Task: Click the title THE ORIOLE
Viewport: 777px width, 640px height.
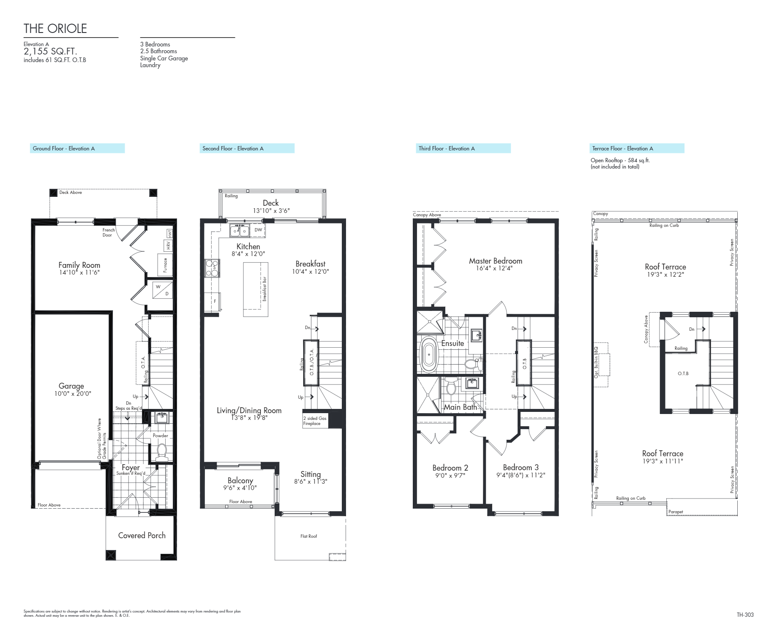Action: pyautogui.click(x=55, y=28)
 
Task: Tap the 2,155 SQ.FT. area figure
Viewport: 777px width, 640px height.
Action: pyautogui.click(x=50, y=52)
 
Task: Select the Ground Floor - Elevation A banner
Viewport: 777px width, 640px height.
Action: pyautogui.click(x=77, y=148)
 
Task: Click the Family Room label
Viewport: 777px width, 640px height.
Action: pyautogui.click(x=79, y=265)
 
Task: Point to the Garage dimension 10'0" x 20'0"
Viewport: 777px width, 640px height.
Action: pyautogui.click(x=73, y=393)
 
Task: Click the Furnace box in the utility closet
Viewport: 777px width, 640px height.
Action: pyautogui.click(x=165, y=265)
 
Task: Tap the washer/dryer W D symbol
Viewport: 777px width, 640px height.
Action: pyautogui.click(x=162, y=290)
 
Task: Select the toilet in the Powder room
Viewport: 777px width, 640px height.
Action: pyautogui.click(x=161, y=452)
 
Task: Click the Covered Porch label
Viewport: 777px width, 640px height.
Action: pyautogui.click(x=142, y=535)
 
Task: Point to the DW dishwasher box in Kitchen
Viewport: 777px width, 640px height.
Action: pyautogui.click(x=258, y=230)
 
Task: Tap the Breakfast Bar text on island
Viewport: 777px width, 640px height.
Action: pyautogui.click(x=264, y=289)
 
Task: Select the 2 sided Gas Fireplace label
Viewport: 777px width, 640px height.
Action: pyautogui.click(x=315, y=421)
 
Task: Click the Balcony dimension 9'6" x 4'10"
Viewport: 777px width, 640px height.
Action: pyautogui.click(x=240, y=488)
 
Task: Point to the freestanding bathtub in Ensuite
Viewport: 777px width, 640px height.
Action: pyautogui.click(x=428, y=354)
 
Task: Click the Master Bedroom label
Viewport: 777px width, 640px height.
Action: pyautogui.click(x=495, y=261)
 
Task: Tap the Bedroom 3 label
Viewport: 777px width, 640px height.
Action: pyautogui.click(x=521, y=467)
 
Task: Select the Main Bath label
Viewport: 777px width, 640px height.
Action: pyautogui.click(x=460, y=407)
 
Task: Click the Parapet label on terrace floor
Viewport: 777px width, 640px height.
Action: pyautogui.click(x=676, y=512)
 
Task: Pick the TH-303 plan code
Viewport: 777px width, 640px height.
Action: pyautogui.click(x=745, y=615)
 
